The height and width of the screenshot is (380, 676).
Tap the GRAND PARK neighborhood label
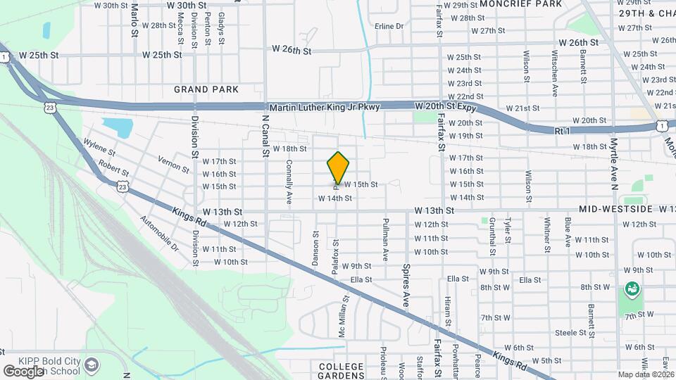tap(206, 89)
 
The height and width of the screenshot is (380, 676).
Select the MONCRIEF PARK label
tap(520, 4)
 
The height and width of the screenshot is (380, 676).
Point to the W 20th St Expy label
tap(446, 106)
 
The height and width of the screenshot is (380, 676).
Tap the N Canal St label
tap(265, 137)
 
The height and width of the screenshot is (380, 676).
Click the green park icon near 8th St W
tap(632, 289)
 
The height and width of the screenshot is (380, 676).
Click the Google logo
tap(23, 371)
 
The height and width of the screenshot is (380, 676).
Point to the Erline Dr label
tap(389, 26)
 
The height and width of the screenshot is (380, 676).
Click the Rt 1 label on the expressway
tap(561, 131)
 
